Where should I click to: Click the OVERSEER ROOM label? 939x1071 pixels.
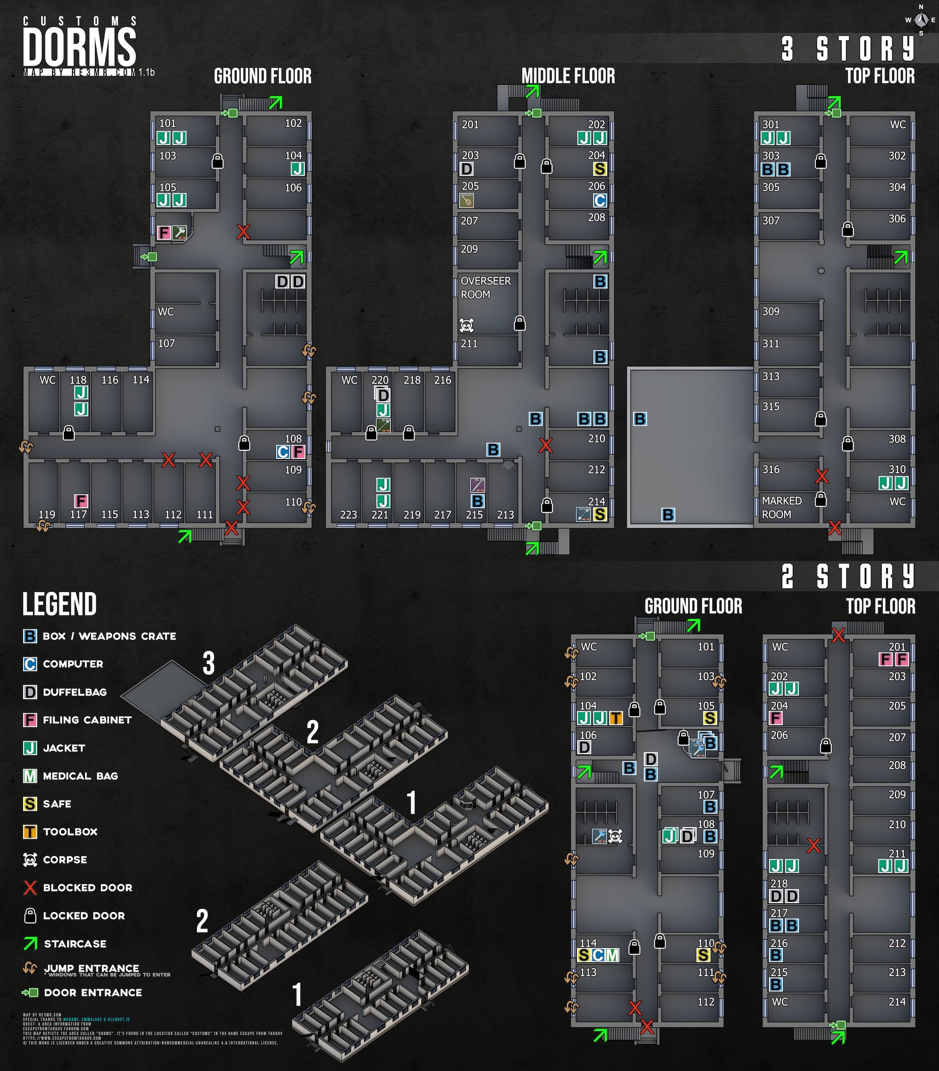point(485,288)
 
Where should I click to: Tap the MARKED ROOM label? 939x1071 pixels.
point(781,507)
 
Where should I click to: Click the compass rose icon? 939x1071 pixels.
point(921,21)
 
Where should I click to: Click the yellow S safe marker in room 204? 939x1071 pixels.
point(600,169)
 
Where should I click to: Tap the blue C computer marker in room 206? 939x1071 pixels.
point(600,200)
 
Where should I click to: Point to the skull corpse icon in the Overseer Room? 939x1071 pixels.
point(466,325)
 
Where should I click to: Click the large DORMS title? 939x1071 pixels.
point(79,47)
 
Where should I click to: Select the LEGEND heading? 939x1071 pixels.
point(59,604)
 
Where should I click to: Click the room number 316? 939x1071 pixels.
point(770,470)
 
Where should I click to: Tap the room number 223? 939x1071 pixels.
point(348,515)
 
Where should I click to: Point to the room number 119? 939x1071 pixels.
point(47,514)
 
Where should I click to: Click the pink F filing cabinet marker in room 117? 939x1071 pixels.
point(81,501)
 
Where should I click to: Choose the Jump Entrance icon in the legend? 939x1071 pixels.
point(30,968)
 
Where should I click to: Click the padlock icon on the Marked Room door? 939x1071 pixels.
point(821,499)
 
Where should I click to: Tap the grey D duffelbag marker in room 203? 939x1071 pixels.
point(466,169)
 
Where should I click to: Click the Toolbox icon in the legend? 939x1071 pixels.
point(30,832)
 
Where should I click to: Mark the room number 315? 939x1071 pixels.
point(770,406)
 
